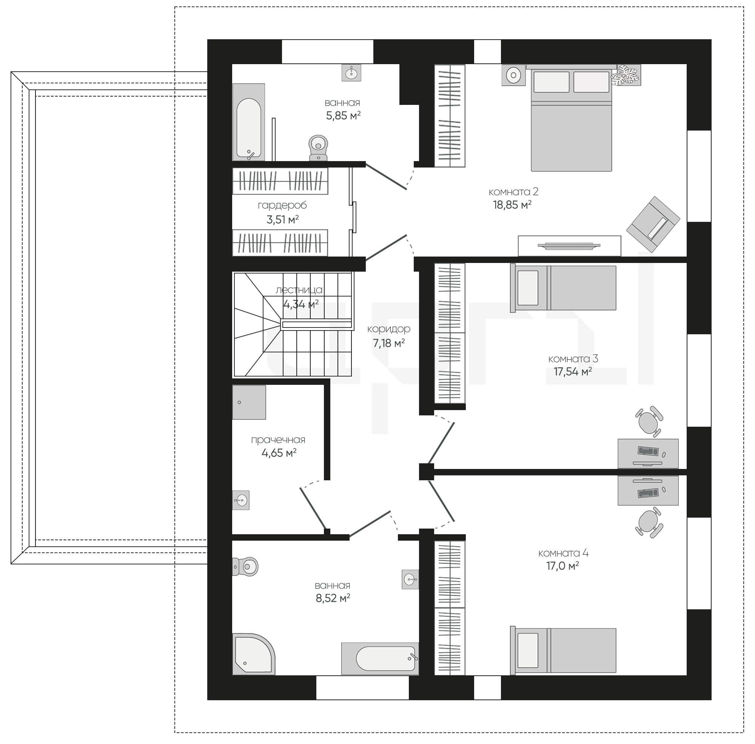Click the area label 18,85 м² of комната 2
512,204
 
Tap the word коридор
389,329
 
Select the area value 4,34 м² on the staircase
301,304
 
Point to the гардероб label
282,205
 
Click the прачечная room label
278,440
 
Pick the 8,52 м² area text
333,598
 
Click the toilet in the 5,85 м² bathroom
318,148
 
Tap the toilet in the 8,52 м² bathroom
245,566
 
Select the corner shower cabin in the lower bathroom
254,654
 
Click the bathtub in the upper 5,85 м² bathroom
249,122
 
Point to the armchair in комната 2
653,224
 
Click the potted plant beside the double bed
626,75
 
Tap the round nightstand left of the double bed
513,75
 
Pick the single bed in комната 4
563,651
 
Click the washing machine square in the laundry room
249,402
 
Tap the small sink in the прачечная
241,500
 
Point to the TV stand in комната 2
569,246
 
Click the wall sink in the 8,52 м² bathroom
410,579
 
